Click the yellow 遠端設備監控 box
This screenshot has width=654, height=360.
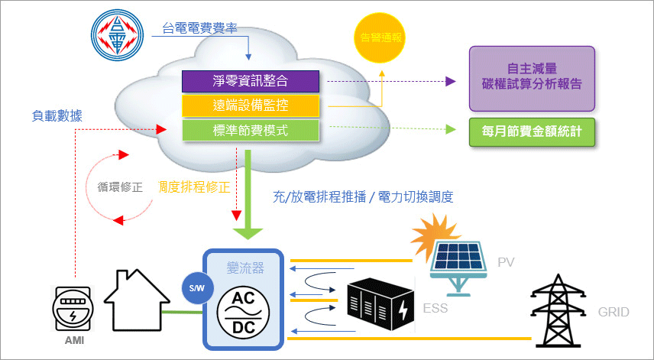[250, 105]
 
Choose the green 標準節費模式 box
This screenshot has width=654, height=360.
[250, 130]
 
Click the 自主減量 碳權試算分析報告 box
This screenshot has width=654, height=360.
[532, 78]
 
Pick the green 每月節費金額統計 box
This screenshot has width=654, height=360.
[532, 132]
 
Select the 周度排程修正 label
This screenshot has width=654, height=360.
[193, 186]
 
